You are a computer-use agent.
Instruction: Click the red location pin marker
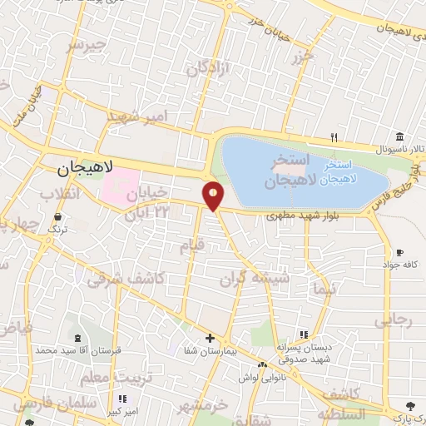coord(214,196)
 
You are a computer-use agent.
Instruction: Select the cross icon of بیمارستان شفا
coord(210,338)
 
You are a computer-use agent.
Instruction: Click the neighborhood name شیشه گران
coord(263,279)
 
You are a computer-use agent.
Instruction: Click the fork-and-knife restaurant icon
coord(334,137)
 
